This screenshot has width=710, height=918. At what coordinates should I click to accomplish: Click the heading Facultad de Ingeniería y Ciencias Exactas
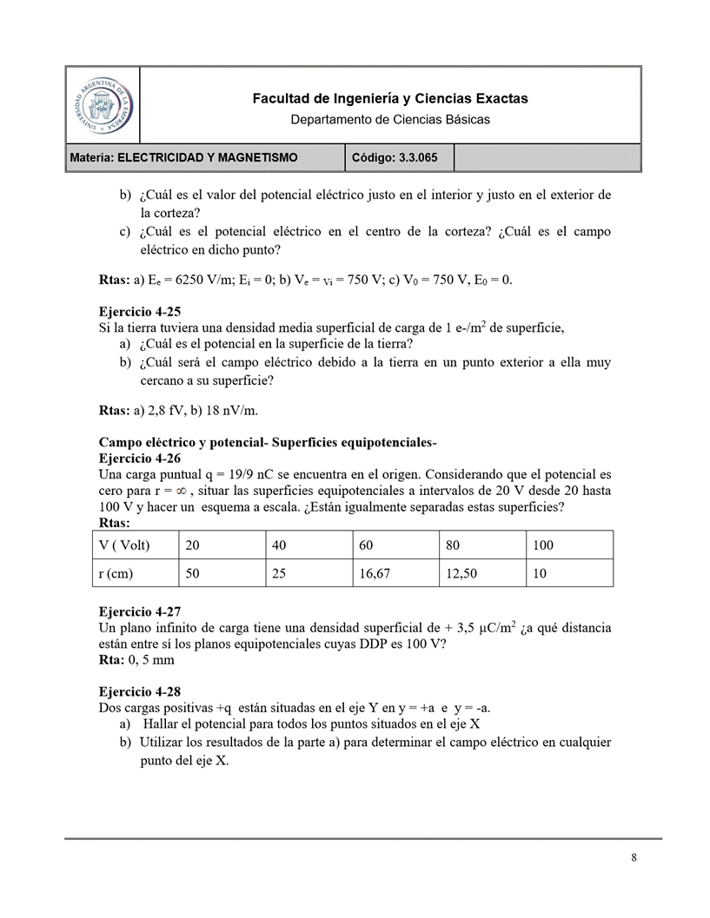tap(389, 99)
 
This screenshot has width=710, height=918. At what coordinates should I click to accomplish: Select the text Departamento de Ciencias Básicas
tap(389, 119)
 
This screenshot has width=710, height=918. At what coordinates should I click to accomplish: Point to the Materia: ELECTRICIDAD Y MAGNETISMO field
tap(184, 157)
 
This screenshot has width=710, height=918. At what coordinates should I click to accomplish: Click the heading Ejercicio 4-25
tap(140, 311)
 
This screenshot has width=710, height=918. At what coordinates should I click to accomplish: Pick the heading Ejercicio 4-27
tap(140, 611)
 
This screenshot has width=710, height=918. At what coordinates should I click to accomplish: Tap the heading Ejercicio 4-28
tap(140, 692)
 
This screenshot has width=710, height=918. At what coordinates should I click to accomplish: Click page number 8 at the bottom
tap(634, 858)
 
